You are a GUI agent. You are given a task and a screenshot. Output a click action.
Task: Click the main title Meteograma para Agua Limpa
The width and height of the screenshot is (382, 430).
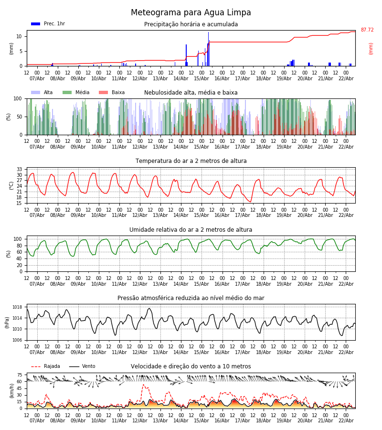click(x=191, y=13)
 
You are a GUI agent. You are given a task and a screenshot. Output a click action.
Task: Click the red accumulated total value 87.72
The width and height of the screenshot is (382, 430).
click(x=367, y=30)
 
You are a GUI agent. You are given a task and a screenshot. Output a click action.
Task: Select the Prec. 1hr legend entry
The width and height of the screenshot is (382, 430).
click(x=48, y=24)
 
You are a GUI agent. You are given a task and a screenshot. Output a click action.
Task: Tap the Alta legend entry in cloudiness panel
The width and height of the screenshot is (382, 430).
click(x=42, y=93)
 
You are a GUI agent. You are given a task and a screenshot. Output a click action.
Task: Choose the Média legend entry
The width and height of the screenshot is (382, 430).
click(x=76, y=93)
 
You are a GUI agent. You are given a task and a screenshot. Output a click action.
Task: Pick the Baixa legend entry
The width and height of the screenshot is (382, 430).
click(x=112, y=93)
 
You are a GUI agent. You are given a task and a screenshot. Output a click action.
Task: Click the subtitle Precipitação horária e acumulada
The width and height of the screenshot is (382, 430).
click(x=191, y=24)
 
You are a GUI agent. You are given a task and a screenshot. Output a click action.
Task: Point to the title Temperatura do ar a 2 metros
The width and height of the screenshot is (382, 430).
click(x=191, y=161)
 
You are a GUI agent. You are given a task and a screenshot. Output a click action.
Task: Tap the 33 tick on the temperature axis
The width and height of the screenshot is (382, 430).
click(x=19, y=169)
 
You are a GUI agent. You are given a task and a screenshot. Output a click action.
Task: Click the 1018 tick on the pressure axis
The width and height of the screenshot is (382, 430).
click(x=17, y=307)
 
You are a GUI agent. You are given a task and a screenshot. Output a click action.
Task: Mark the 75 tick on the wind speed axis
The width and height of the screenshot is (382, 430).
click(x=20, y=375)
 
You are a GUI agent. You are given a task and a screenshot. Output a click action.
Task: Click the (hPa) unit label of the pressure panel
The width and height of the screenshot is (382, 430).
click(x=7, y=322)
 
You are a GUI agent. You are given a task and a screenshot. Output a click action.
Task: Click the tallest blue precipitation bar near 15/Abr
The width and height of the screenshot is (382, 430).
click(x=208, y=48)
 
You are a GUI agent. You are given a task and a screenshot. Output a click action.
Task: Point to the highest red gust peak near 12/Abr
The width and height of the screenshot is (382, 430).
click(x=143, y=385)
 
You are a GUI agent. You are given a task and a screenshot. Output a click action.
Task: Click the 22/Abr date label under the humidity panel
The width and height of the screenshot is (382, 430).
click(x=346, y=284)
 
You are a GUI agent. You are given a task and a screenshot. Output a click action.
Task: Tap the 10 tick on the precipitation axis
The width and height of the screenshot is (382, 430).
click(x=19, y=36)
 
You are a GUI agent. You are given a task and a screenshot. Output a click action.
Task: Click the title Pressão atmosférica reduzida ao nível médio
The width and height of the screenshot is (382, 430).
click(x=191, y=298)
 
